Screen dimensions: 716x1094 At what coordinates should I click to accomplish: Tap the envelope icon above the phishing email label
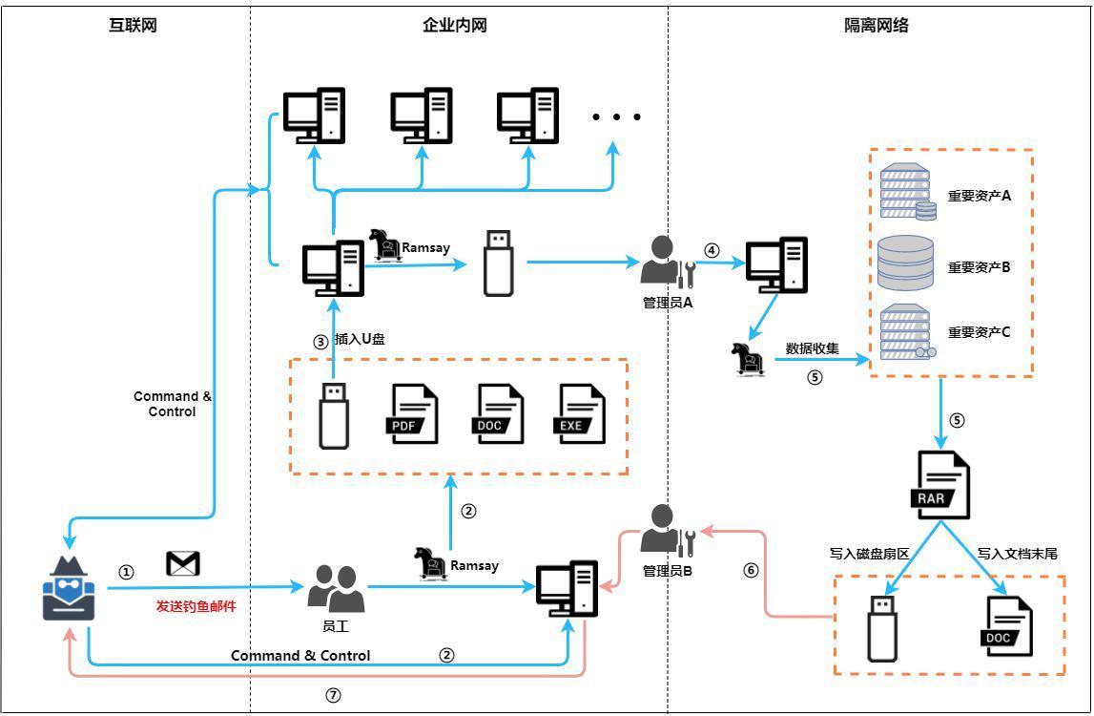click(x=182, y=563)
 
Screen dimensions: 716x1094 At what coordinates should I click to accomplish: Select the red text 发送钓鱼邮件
click(x=196, y=606)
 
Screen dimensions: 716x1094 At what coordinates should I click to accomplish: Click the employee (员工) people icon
click(x=336, y=588)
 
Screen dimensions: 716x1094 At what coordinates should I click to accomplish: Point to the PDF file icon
click(x=413, y=414)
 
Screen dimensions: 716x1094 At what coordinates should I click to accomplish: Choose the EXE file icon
click(x=581, y=414)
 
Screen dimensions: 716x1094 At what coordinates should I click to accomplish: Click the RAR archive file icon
click(x=942, y=486)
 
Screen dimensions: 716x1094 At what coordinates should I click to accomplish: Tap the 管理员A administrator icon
click(x=666, y=262)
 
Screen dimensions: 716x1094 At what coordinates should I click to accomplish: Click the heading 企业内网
click(x=455, y=26)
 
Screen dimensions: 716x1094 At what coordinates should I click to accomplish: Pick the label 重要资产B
click(x=979, y=267)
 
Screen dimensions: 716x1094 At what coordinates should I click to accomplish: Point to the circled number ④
click(x=712, y=250)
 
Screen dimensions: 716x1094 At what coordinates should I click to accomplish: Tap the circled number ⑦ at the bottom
click(x=333, y=696)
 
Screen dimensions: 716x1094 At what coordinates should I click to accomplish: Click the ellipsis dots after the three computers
click(x=615, y=117)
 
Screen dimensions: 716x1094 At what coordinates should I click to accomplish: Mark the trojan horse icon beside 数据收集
click(x=749, y=360)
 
